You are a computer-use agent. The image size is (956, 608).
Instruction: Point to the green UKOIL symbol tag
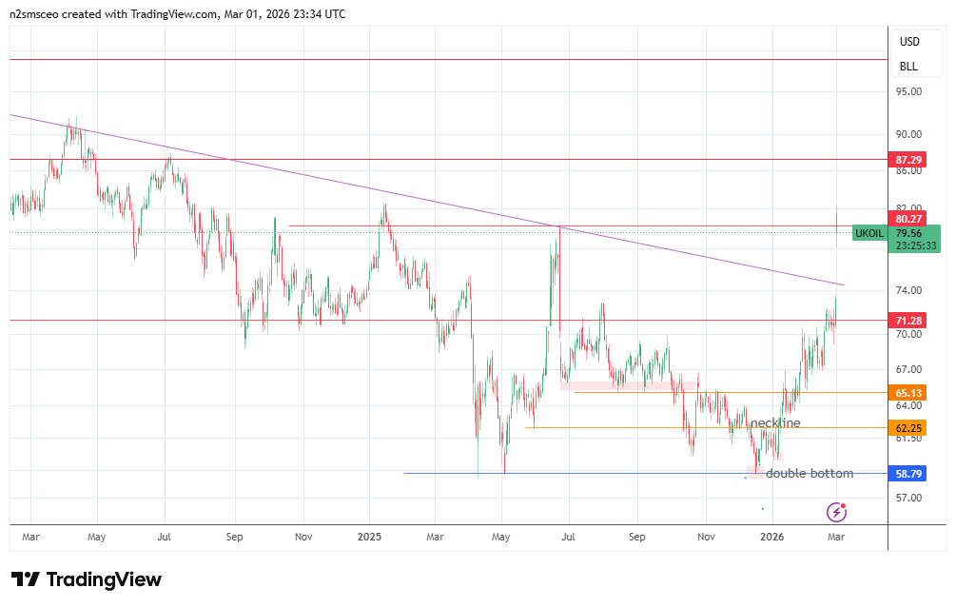pos(869,233)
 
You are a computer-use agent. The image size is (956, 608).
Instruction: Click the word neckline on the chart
pos(775,422)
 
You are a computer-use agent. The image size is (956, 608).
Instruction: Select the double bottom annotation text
pos(810,473)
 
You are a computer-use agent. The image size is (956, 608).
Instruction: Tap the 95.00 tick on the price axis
pos(908,92)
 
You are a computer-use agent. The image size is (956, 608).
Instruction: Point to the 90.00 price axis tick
pos(908,134)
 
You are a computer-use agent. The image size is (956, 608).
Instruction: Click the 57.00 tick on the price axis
pos(908,498)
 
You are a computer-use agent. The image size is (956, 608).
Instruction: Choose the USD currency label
pos(909,42)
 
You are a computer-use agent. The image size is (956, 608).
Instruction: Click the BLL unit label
pos(908,67)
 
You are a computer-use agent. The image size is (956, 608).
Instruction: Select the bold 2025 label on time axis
pos(369,537)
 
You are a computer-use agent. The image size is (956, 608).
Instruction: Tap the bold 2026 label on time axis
pos(771,537)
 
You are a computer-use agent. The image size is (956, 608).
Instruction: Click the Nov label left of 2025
pos(302,537)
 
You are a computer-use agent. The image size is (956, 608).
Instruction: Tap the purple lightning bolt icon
pos(837,512)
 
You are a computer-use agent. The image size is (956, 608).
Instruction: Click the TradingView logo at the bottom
pos(87,579)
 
